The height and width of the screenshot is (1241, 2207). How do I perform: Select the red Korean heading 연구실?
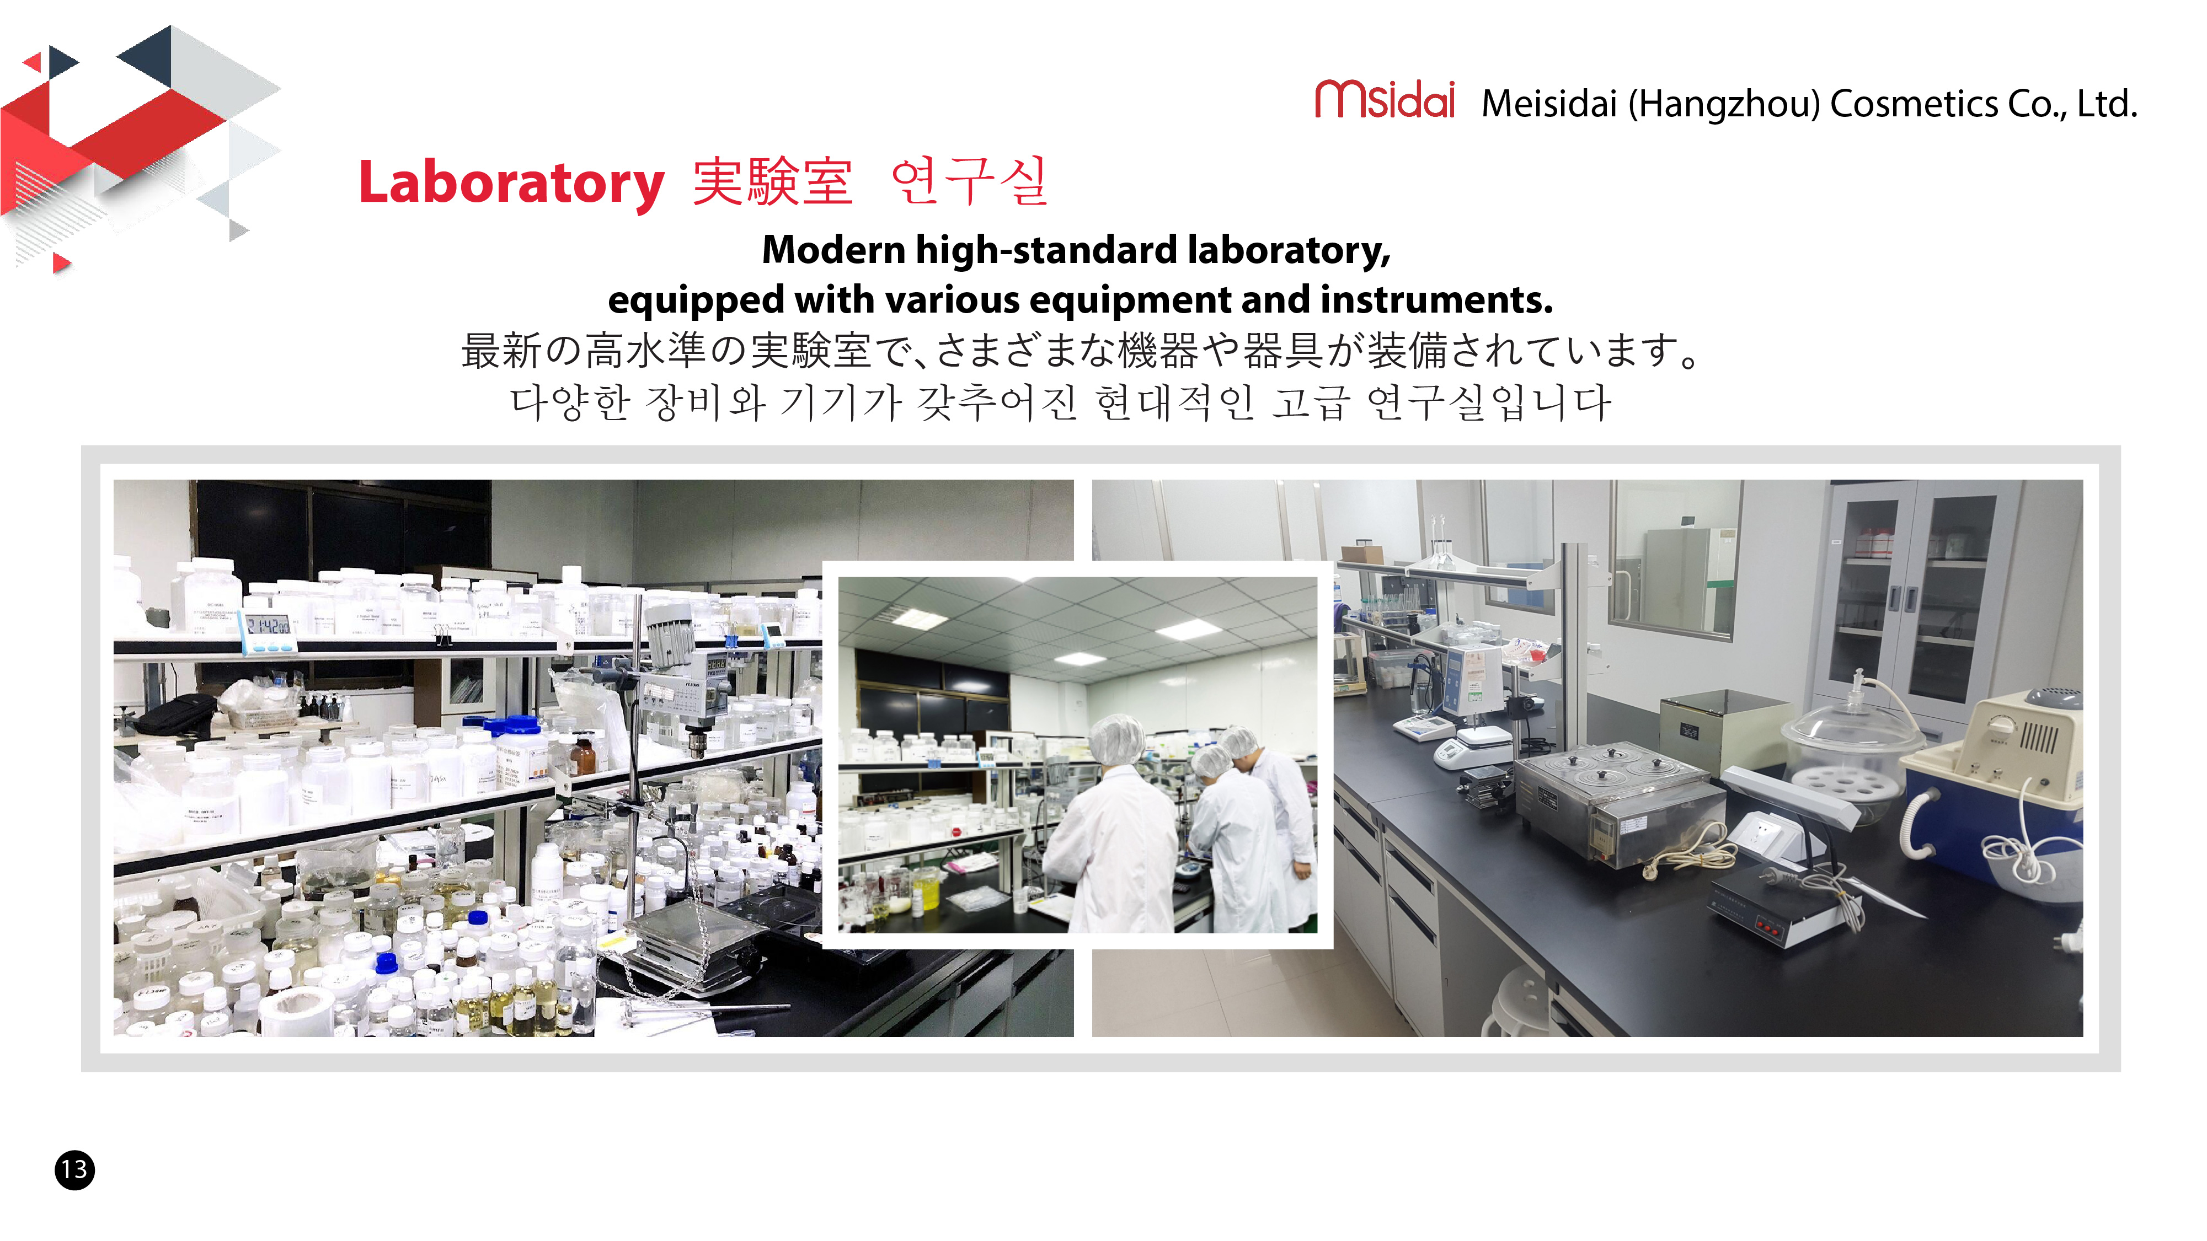969,181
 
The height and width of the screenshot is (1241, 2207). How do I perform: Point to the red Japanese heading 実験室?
772,181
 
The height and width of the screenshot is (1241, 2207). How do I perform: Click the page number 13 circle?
74,1169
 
